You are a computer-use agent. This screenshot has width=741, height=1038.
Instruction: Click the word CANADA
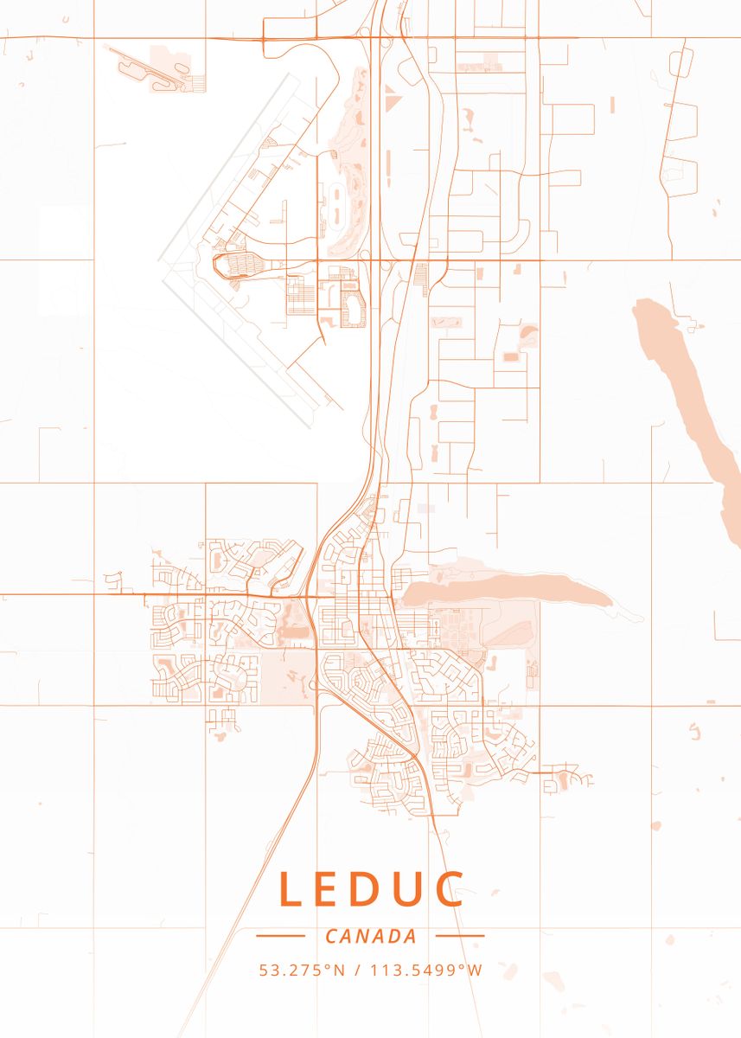[x=371, y=936]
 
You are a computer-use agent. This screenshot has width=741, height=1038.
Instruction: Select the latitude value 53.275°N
[x=302, y=971]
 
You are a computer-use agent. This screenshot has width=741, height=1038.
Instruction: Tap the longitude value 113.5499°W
[x=426, y=971]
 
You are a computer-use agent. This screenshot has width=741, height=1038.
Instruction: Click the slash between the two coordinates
[x=357, y=971]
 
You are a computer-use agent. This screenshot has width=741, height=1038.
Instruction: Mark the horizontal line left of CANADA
[x=280, y=935]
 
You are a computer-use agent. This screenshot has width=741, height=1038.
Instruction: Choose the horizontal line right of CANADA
[x=460, y=935]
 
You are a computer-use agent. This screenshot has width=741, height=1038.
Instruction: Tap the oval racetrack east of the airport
[x=335, y=202]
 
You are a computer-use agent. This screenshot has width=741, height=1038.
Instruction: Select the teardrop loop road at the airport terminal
[x=232, y=266]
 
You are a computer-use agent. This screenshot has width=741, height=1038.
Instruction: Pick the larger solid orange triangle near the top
[x=393, y=102]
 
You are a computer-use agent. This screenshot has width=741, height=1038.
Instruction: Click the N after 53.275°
[x=340, y=971]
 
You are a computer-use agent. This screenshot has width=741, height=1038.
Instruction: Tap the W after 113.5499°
[x=475, y=971]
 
